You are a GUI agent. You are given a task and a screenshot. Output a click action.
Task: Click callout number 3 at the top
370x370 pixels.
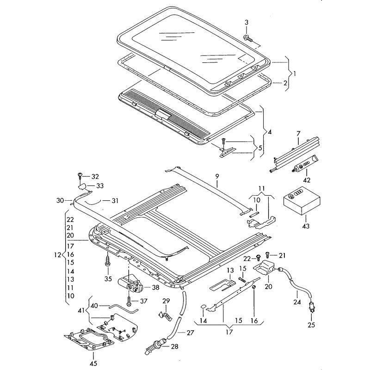[x=246, y=23]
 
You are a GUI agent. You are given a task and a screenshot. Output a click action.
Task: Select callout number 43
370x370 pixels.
[x=305, y=226]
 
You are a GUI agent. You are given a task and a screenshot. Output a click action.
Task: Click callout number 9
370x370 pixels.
[x=216, y=176]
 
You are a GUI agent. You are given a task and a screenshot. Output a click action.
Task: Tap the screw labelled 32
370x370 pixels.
[x=80, y=176]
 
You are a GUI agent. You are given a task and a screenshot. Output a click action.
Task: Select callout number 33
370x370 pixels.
[x=99, y=185]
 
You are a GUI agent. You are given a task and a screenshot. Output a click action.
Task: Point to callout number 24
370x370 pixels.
[x=297, y=303]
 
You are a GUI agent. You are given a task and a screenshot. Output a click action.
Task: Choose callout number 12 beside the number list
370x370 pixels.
[x=57, y=255]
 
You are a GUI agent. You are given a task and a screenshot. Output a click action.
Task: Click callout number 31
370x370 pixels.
[x=115, y=200]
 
